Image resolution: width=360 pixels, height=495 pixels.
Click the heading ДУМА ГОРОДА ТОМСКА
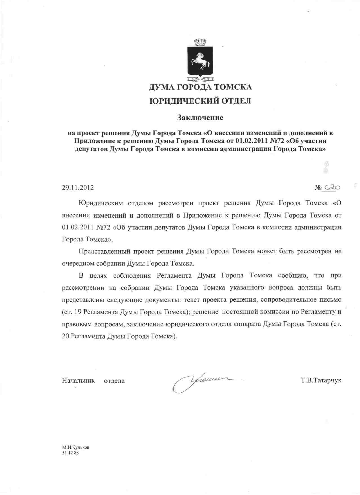(200, 87)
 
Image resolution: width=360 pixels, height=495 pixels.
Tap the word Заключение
(200, 118)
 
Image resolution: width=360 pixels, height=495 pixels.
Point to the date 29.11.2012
(78, 187)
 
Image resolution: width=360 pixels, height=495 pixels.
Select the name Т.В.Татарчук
(321, 380)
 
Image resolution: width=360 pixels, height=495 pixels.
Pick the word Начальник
(78, 381)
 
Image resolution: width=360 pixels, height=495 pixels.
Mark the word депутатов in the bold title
(91, 149)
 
